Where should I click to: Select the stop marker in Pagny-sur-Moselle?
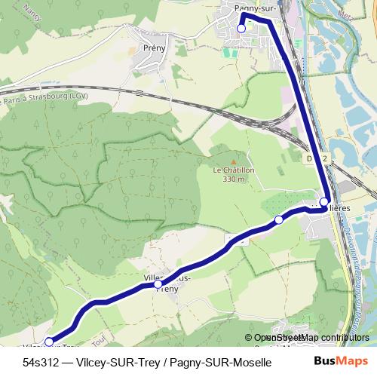[241, 29]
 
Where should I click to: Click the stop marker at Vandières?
[323, 202]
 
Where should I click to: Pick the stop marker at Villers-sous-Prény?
[158, 284]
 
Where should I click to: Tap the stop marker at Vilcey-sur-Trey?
[49, 342]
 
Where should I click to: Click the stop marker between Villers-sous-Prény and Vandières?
[278, 219]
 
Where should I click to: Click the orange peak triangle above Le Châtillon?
[234, 161]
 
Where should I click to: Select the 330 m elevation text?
[234, 179]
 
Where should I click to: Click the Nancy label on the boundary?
[31, 11]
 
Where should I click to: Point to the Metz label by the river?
[366, 15]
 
